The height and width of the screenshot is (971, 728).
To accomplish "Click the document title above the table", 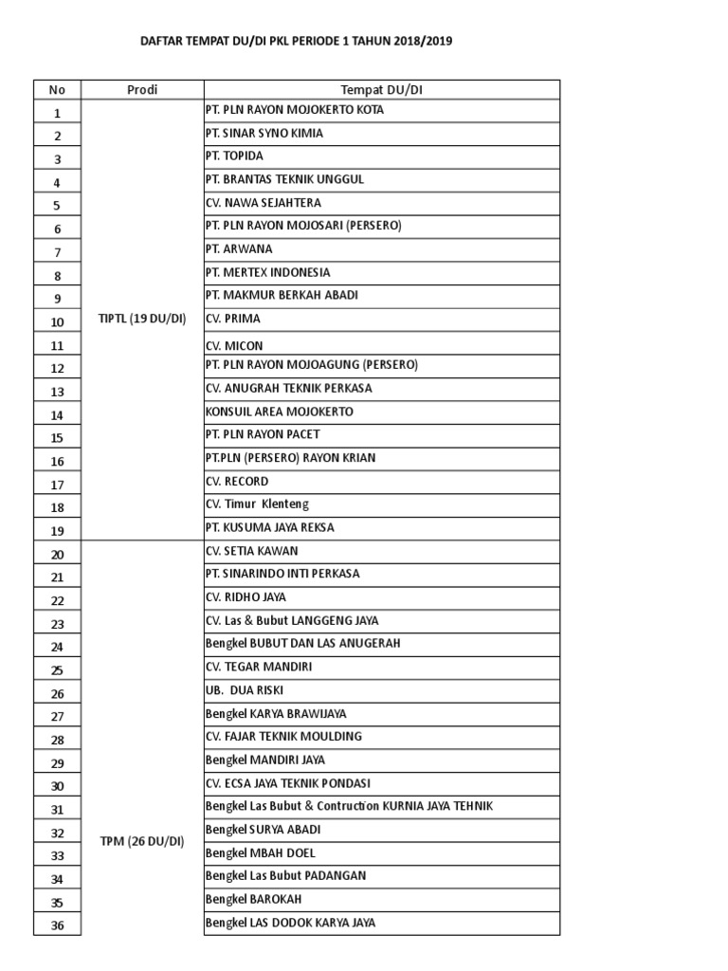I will (x=289, y=42).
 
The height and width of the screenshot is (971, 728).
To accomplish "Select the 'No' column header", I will (x=57, y=90).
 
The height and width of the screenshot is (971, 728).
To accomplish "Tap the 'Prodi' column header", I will (x=142, y=90).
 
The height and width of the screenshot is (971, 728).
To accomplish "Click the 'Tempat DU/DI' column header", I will (x=381, y=90).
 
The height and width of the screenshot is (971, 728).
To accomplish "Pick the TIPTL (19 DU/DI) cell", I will (x=142, y=320).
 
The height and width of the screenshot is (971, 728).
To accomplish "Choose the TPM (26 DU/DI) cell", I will (x=142, y=841).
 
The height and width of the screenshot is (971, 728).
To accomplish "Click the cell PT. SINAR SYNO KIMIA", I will (x=264, y=133).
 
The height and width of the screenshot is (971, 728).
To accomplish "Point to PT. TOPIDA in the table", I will (x=234, y=156).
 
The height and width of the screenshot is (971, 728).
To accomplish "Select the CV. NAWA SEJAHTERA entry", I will (x=263, y=202).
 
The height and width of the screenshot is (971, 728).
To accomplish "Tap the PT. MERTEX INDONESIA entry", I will (x=267, y=272).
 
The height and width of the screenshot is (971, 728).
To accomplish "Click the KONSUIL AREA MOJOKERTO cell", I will (x=279, y=412).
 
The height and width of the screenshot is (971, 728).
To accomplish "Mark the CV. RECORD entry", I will (x=237, y=481).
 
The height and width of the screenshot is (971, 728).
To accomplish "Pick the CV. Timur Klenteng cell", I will (x=257, y=504).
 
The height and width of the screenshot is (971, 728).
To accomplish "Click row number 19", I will (x=57, y=530).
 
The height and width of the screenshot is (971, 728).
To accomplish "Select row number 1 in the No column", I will (x=57, y=113).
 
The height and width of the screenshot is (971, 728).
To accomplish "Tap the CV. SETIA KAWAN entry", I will (x=251, y=551).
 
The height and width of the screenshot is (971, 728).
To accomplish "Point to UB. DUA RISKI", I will (x=244, y=690).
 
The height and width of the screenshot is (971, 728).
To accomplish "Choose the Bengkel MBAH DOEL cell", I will (x=261, y=852).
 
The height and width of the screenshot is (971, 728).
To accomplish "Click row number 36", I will (x=57, y=925).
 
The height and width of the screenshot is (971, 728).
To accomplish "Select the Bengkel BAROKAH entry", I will (x=253, y=899).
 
